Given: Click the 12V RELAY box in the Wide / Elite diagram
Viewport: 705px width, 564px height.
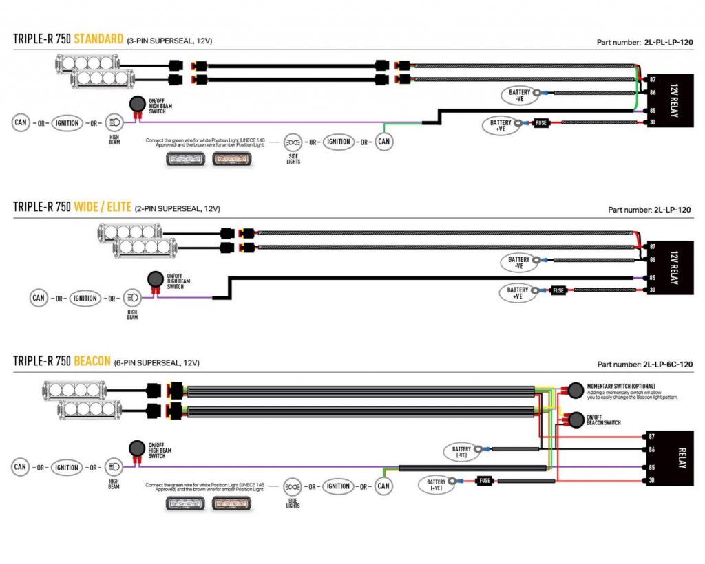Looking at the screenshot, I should tap(669, 268).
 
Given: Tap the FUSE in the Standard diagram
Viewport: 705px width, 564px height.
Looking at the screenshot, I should tap(541, 123).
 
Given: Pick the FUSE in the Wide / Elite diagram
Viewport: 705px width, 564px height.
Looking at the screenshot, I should tap(558, 290).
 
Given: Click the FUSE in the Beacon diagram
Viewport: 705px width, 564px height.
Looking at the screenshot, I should tap(485, 481).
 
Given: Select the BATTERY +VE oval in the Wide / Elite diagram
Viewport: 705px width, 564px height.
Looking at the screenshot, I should tap(518, 292).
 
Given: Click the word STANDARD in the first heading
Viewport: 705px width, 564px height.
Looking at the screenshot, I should tap(98, 39).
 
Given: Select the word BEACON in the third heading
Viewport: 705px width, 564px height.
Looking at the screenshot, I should tap(92, 361).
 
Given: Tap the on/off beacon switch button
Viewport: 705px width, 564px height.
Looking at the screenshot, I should tap(573, 420).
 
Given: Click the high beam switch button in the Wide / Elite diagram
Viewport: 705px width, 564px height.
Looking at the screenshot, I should tap(156, 279).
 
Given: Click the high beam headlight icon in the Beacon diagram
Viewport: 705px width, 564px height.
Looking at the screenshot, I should tap(114, 467).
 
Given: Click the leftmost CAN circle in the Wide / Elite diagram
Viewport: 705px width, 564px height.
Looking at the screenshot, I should tap(39, 298).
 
